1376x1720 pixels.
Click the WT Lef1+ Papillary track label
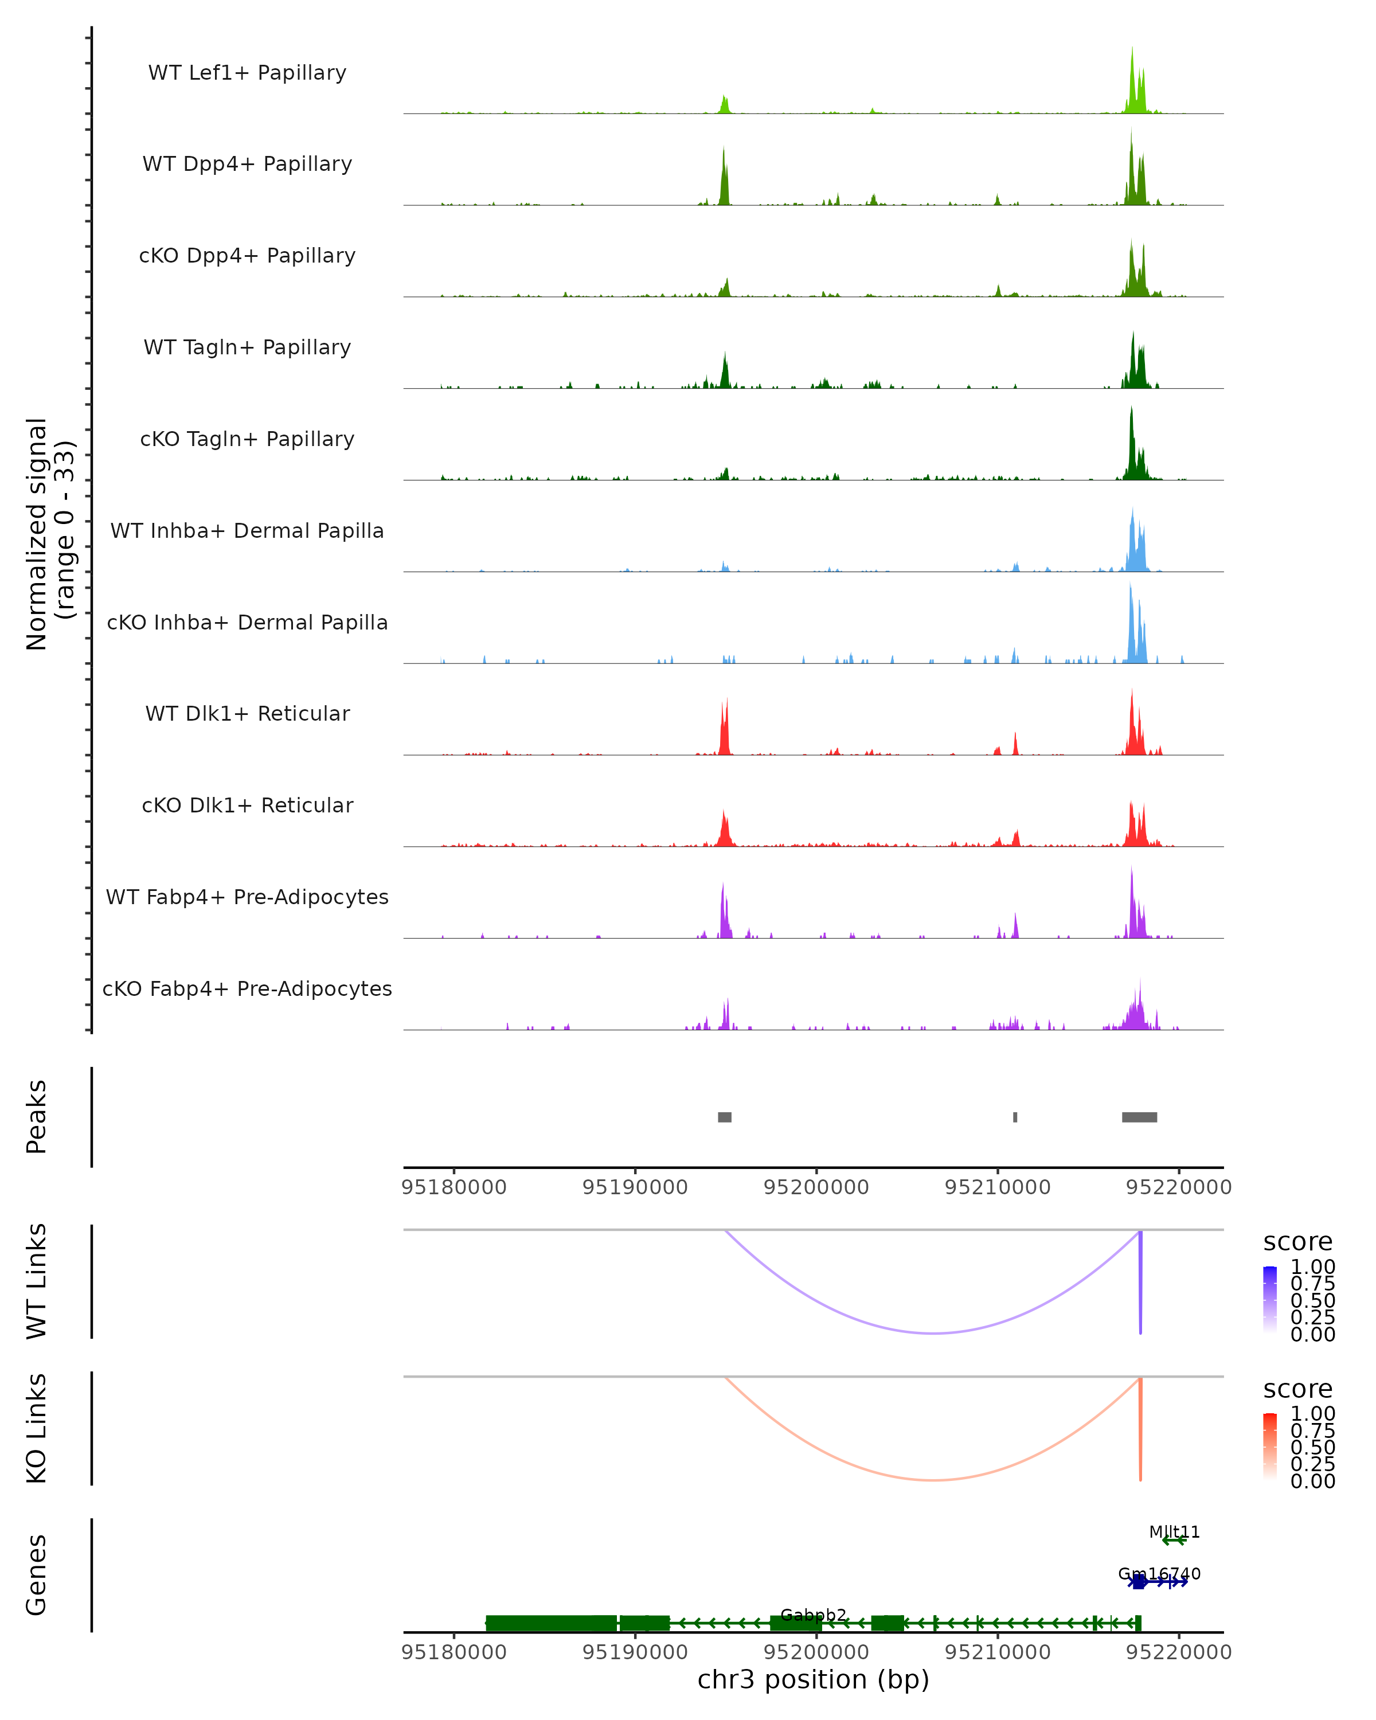click(247, 73)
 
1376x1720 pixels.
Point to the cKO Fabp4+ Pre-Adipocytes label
click(247, 988)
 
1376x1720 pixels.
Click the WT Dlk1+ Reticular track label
click(247, 714)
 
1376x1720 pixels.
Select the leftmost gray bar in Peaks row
click(724, 1117)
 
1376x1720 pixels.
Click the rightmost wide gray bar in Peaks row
click(1139, 1117)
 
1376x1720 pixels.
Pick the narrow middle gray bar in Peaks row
click(1015, 1117)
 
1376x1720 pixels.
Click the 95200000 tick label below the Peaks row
click(816, 1188)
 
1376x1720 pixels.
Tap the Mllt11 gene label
click(1174, 1532)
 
